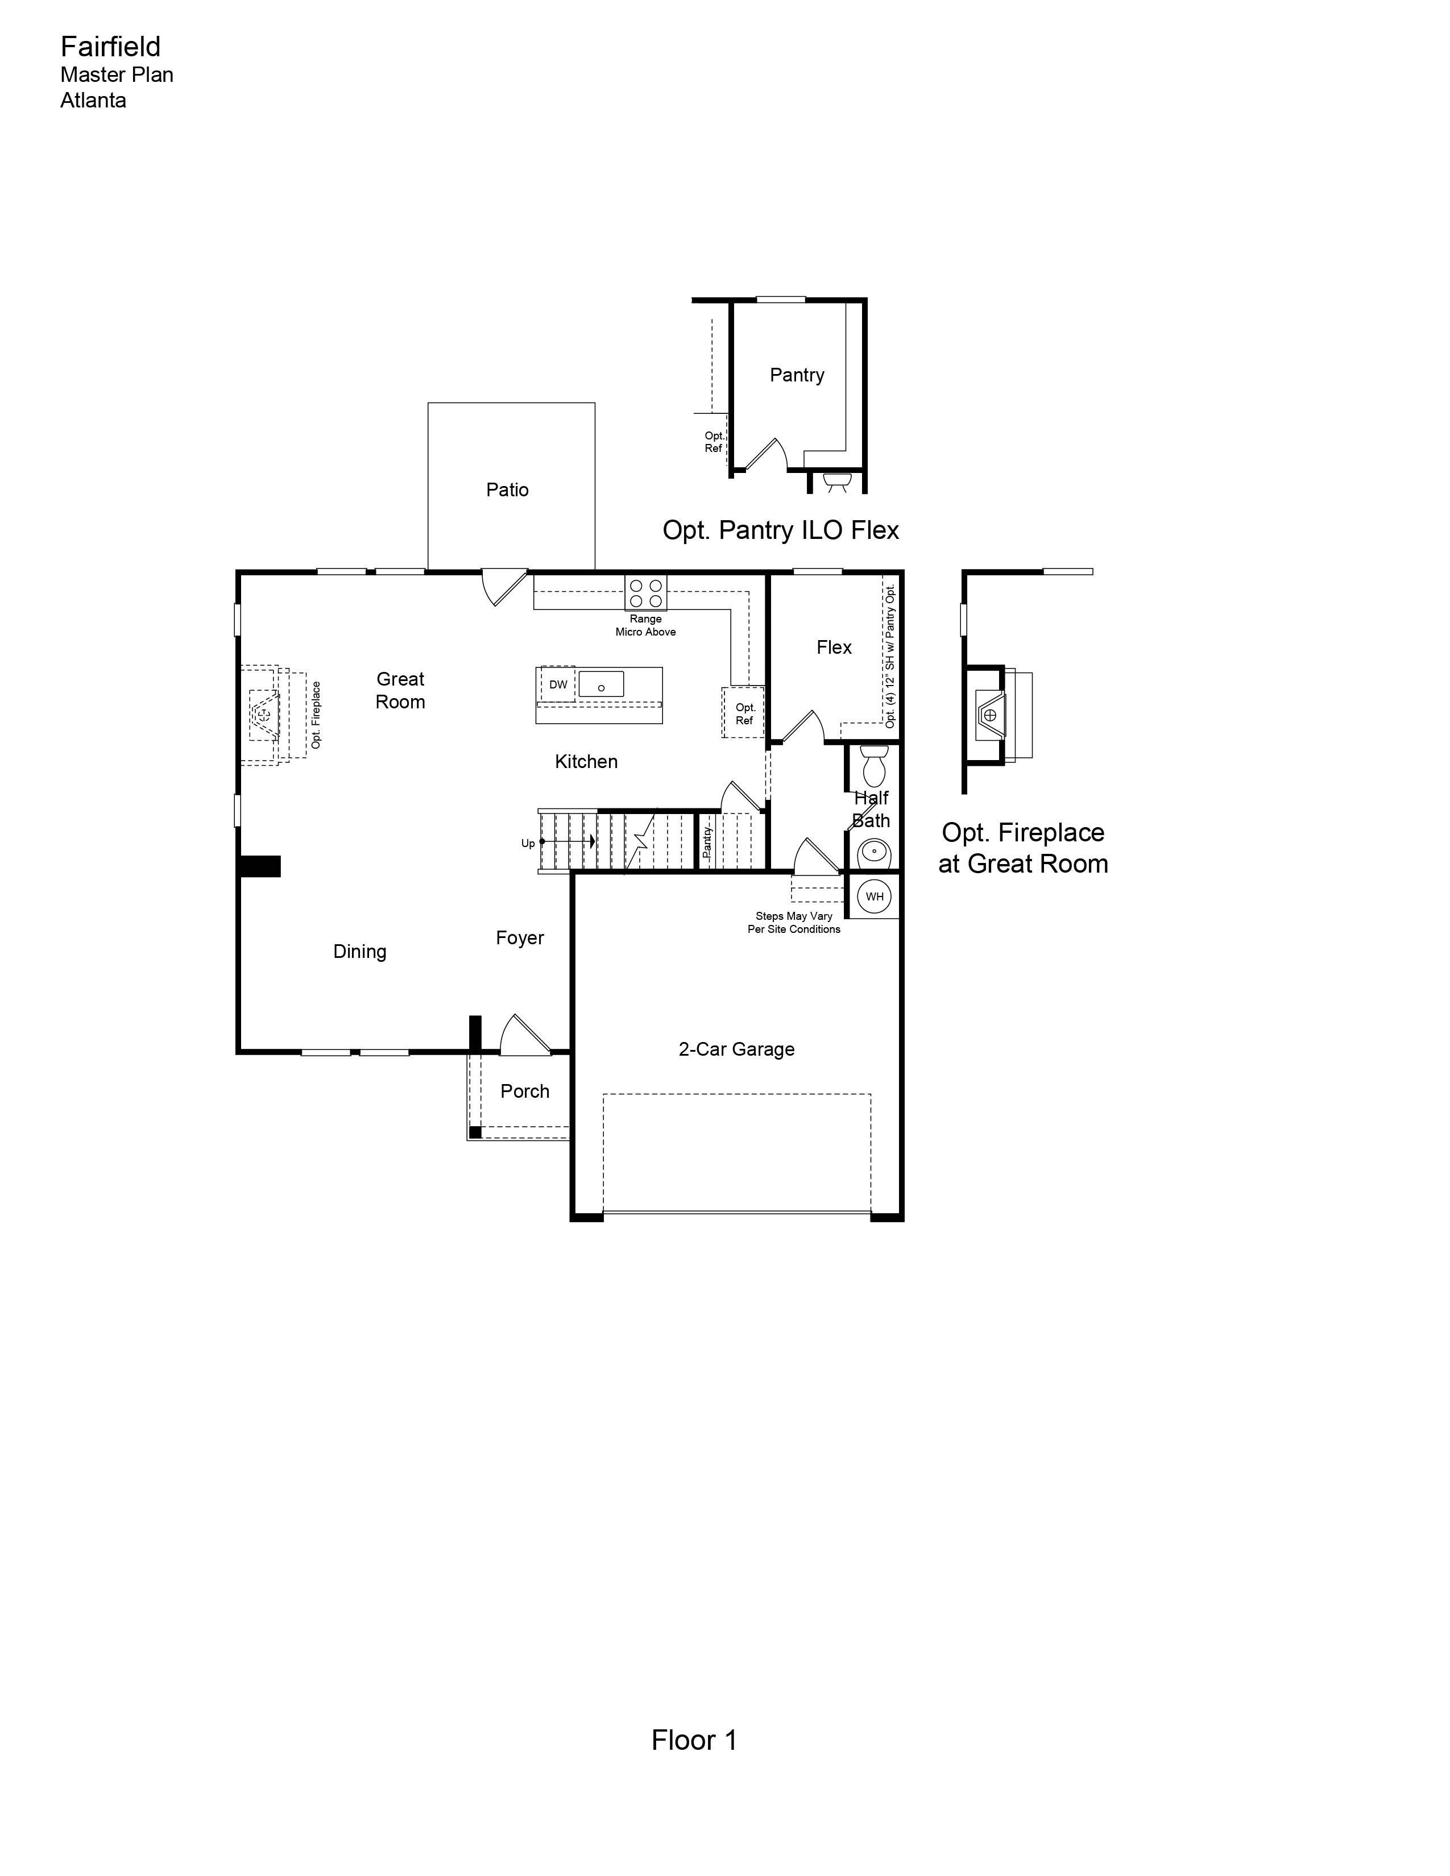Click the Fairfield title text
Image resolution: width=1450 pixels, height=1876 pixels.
tap(110, 47)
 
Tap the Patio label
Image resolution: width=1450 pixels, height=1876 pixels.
tap(507, 489)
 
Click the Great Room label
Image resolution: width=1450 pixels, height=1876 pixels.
tap(400, 691)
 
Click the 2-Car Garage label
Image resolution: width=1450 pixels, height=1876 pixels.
tap(736, 1049)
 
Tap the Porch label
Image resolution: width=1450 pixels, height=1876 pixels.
tap(525, 1091)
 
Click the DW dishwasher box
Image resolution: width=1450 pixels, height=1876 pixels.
tap(558, 684)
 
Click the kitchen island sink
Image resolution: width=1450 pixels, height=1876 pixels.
tap(601, 684)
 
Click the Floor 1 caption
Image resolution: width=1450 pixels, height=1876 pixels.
tap(694, 1740)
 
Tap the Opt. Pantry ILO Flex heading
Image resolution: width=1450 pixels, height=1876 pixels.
tap(780, 530)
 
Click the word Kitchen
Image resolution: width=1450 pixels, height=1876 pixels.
tap(586, 761)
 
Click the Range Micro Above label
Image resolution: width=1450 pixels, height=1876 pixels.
tap(645, 625)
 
